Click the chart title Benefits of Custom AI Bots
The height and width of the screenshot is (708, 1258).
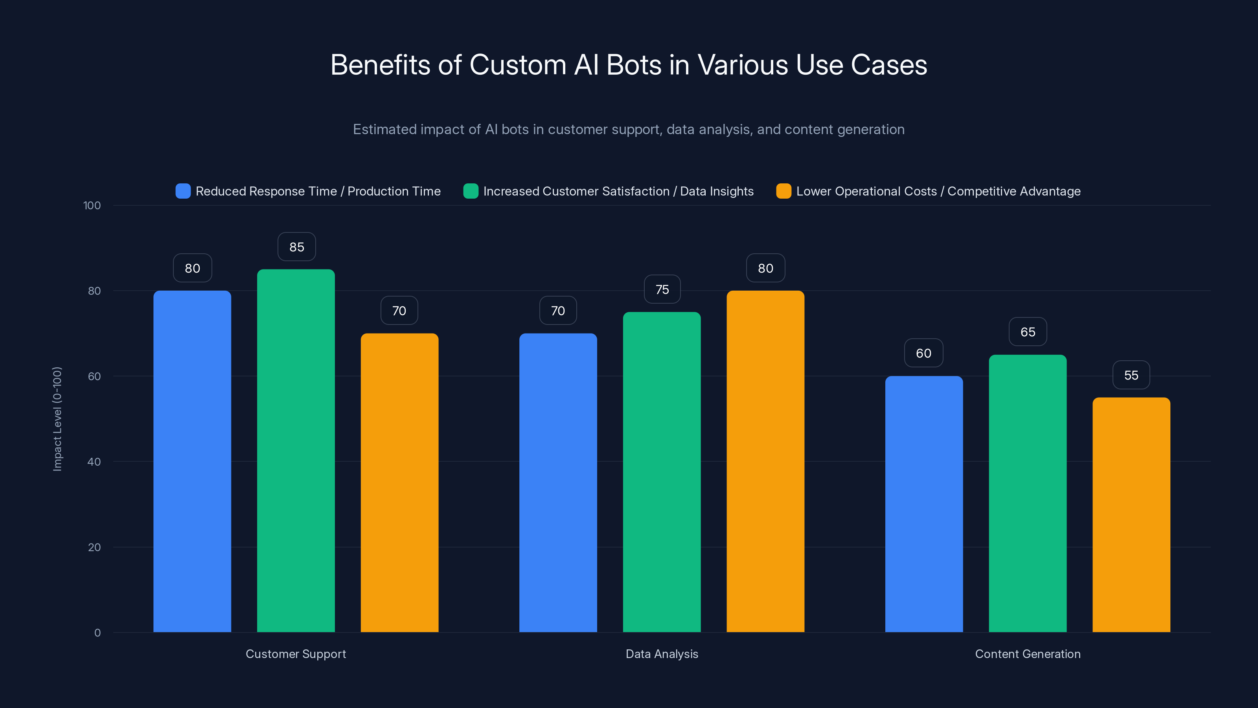(x=629, y=65)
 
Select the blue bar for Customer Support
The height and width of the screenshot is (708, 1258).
(x=192, y=461)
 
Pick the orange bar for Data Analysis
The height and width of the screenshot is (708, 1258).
(x=765, y=461)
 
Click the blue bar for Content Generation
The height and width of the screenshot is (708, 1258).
(x=923, y=504)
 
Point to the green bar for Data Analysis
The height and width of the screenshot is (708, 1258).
(x=662, y=472)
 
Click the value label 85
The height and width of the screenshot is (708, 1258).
(x=296, y=247)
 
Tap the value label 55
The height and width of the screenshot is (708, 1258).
(x=1131, y=375)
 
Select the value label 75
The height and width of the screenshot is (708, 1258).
(x=662, y=290)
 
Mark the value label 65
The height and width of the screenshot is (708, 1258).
(x=1028, y=332)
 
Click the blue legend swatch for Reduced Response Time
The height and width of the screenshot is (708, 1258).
(x=183, y=191)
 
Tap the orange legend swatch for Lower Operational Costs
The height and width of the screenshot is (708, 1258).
(x=784, y=191)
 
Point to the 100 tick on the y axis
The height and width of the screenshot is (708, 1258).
(x=92, y=206)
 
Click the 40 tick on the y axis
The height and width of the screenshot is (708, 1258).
(x=94, y=462)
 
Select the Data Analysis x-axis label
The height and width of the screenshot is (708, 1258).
(x=662, y=654)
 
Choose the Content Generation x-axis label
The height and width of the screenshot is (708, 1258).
(x=1028, y=654)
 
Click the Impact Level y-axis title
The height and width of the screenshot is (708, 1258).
(x=57, y=419)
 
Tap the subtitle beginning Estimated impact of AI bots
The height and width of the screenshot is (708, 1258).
(x=629, y=129)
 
